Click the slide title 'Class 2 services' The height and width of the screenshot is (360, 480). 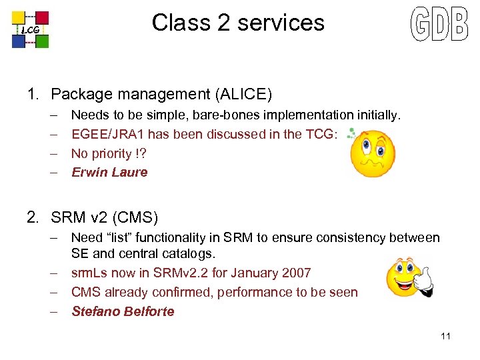point(238,23)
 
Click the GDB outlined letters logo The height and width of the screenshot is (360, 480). point(439,25)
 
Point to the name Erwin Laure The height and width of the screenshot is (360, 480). point(109,172)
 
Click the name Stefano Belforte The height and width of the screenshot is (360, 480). point(123,311)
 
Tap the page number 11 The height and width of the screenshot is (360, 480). point(445,336)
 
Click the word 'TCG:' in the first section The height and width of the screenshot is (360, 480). point(321,134)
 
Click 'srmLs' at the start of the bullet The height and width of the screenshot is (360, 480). point(88,273)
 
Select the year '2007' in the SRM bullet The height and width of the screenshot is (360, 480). point(296,273)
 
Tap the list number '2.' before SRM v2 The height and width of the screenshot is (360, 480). point(33,217)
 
